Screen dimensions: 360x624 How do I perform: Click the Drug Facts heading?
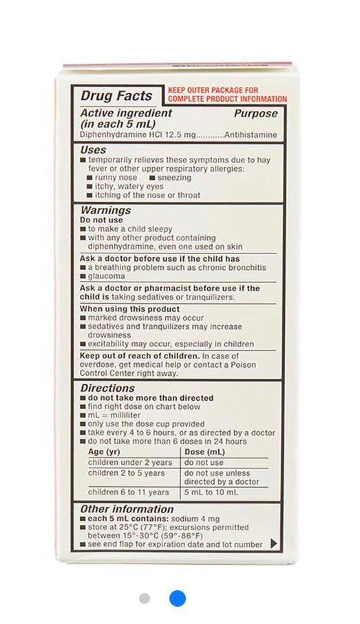[x=116, y=95]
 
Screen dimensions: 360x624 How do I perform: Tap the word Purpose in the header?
[x=255, y=113]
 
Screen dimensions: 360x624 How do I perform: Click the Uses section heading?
[x=93, y=149]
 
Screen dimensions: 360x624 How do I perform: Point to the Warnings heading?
[x=105, y=210]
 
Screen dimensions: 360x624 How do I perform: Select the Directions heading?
[x=107, y=388]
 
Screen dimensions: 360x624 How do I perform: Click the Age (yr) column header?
[x=105, y=452]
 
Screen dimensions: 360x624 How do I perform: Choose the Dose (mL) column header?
[x=205, y=452]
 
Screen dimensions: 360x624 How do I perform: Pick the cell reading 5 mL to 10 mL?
[x=211, y=492]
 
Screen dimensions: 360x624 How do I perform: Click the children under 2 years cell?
[x=130, y=463]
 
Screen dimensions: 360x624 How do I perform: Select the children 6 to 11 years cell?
[x=129, y=492]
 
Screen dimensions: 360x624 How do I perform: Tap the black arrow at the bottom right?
[x=273, y=543]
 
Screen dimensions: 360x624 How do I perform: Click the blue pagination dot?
[x=177, y=598]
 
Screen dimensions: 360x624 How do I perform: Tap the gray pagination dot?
[x=145, y=598]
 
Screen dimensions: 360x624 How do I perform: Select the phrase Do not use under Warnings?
[x=101, y=220]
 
